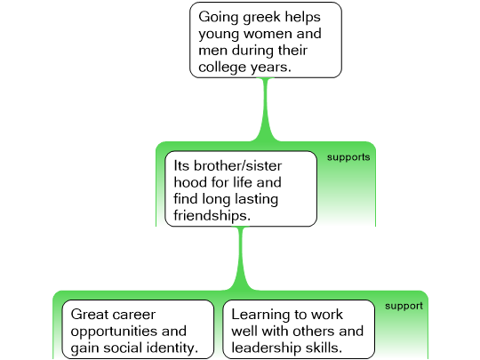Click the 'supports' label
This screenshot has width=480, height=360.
pos(348,157)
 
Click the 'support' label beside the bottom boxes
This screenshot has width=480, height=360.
pos(404,306)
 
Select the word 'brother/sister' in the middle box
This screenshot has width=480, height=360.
pos(237,166)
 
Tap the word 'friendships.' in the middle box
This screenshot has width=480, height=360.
pos(212,215)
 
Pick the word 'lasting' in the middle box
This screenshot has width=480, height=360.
pos(256,199)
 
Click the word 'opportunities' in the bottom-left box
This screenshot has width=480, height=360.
pos(115,332)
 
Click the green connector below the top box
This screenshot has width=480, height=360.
pos(266,109)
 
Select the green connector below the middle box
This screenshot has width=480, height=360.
pos(241,258)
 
